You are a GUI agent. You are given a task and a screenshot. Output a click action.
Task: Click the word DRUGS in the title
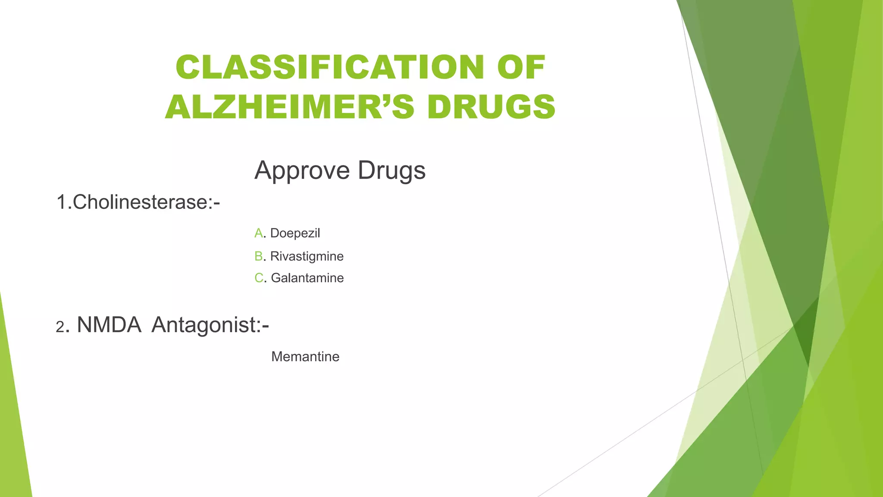click(x=491, y=107)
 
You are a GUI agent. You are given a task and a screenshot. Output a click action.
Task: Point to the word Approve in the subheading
click(x=302, y=170)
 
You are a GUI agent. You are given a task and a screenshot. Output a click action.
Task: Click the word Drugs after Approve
click(x=391, y=170)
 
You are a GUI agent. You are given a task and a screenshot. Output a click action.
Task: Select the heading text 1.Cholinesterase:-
click(x=138, y=202)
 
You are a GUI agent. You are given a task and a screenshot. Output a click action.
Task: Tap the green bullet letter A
click(x=258, y=233)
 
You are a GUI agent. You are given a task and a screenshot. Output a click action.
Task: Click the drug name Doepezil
click(x=295, y=233)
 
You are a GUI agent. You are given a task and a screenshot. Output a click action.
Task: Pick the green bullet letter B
click(x=258, y=256)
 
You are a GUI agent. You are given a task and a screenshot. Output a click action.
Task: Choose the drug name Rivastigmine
click(x=307, y=256)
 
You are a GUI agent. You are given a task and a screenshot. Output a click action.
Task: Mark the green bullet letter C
click(x=259, y=278)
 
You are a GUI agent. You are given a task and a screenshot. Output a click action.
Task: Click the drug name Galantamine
click(x=307, y=278)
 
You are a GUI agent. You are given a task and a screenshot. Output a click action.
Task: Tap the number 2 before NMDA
click(x=60, y=327)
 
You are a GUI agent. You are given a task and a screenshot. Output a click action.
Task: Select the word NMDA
click(x=109, y=325)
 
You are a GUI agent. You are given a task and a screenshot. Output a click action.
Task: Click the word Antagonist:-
click(x=210, y=325)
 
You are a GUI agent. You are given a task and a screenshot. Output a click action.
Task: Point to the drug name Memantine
click(x=305, y=357)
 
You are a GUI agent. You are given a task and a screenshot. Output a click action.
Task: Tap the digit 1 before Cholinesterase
click(x=61, y=202)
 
